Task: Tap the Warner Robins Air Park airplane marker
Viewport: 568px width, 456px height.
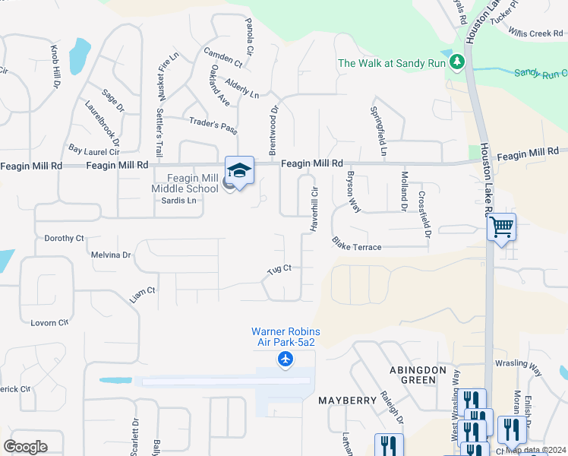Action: tap(286, 359)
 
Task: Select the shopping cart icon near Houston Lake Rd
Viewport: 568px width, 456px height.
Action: tap(501, 226)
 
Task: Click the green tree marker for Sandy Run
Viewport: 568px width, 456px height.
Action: tap(456, 62)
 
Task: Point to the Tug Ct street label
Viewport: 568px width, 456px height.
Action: tap(279, 270)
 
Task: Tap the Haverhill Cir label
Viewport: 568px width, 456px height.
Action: tap(313, 209)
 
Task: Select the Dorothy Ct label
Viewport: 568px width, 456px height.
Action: tap(64, 238)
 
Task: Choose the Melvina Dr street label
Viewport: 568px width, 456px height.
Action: tap(110, 255)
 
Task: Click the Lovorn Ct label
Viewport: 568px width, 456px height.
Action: tap(49, 323)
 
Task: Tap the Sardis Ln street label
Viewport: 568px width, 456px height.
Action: tap(178, 201)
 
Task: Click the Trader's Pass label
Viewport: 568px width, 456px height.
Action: tap(213, 125)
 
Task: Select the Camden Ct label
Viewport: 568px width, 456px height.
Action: tap(222, 57)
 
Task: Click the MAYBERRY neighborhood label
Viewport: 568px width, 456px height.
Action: tap(348, 400)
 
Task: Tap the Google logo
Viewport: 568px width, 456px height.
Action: tap(25, 447)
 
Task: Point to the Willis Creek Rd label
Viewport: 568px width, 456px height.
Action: tap(535, 33)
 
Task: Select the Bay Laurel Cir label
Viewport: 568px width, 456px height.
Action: tap(94, 150)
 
